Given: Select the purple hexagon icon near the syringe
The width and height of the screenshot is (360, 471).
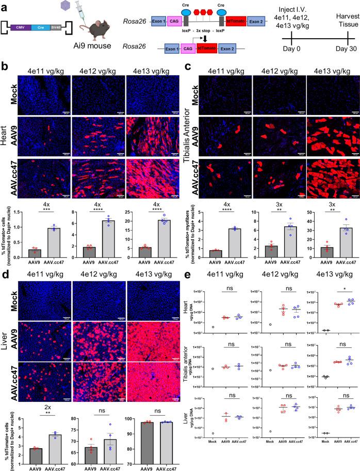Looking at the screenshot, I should click(x=64, y=6).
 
